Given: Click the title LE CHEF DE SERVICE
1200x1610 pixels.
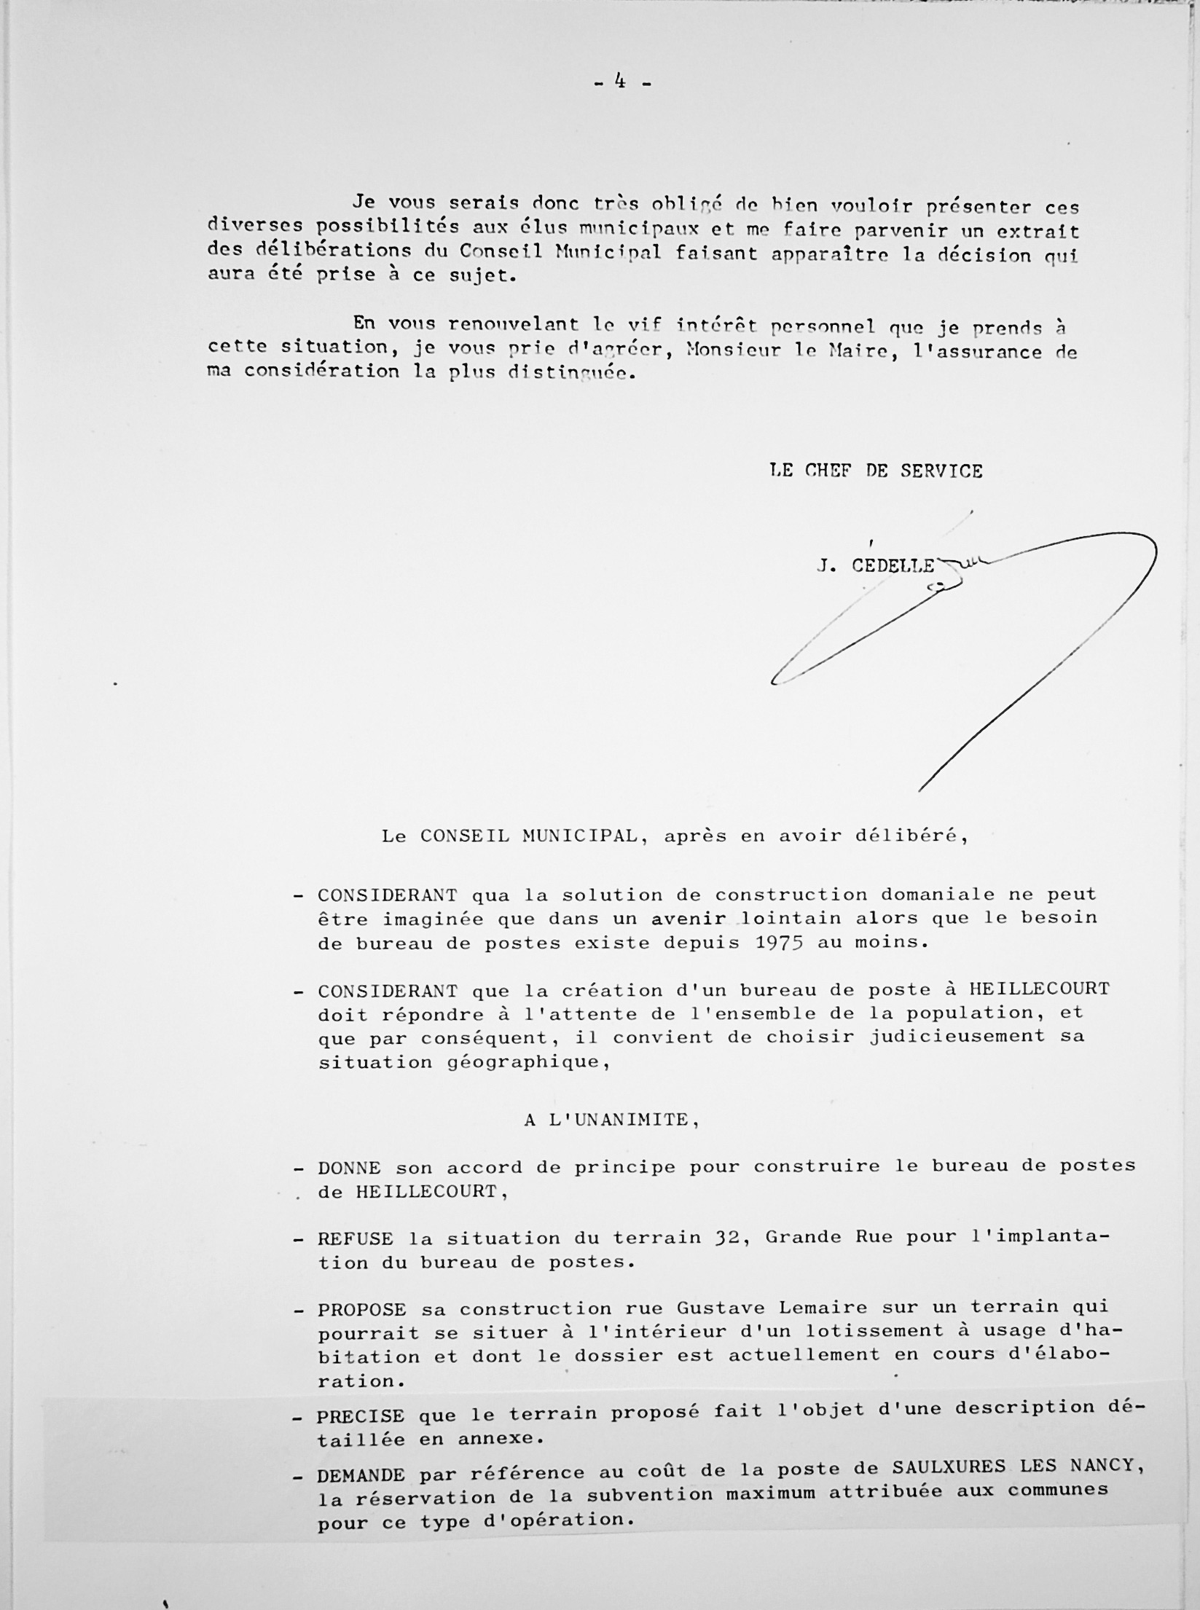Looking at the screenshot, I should pos(875,471).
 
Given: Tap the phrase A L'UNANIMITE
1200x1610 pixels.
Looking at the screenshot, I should pos(611,1120).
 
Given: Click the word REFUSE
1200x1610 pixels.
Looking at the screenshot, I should pos(355,1238).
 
